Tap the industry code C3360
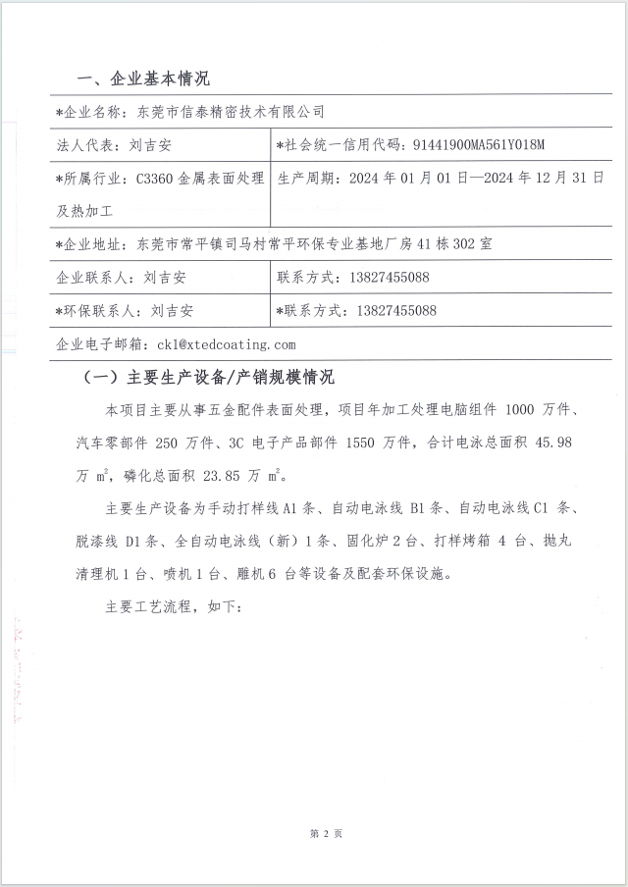coord(156,179)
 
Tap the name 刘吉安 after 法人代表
coord(149,145)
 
